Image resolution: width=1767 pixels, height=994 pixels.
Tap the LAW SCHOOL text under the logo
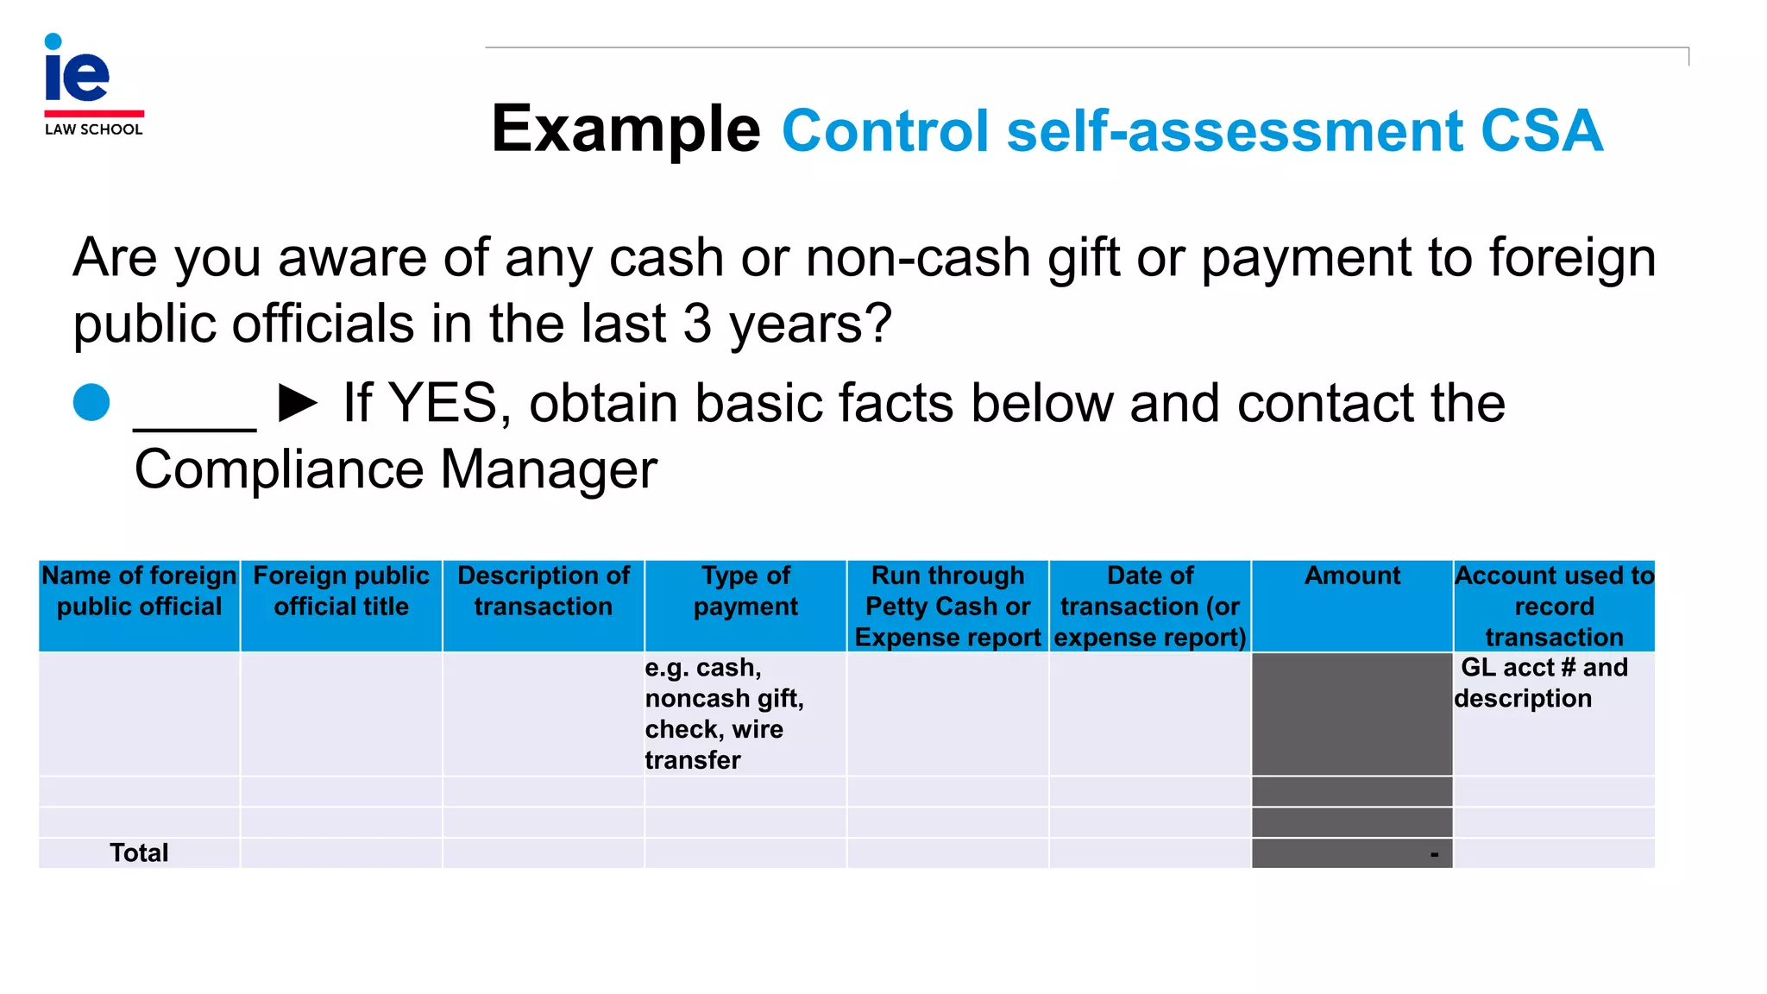(93, 129)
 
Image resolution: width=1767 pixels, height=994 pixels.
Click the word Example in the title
(626, 129)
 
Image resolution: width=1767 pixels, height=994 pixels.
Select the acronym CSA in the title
(1541, 131)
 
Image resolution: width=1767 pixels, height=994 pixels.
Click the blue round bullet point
(91, 402)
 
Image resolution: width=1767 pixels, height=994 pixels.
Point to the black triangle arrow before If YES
(298, 403)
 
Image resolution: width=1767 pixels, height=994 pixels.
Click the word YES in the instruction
(443, 403)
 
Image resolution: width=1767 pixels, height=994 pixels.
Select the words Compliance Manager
(395, 469)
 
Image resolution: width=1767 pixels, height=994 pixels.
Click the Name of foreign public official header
(139, 591)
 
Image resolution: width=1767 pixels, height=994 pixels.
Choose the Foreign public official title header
(341, 591)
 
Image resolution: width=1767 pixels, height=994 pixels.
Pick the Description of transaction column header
(544, 591)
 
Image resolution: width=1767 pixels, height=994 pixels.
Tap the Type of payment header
(745, 591)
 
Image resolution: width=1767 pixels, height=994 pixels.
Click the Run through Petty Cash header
(947, 606)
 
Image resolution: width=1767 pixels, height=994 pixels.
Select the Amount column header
(1352, 576)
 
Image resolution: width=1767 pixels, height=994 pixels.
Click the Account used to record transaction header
(1554, 606)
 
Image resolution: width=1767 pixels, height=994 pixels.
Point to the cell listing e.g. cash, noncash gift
(724, 714)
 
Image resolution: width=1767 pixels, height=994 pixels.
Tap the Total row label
(139, 852)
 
